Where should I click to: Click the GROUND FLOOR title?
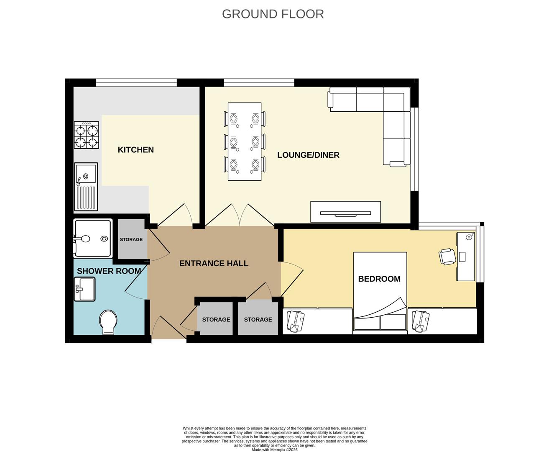(x=273, y=14)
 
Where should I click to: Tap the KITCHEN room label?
(x=135, y=150)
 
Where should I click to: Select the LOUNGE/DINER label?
(x=308, y=155)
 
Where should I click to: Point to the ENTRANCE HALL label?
(x=214, y=263)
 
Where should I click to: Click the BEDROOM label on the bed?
(x=379, y=279)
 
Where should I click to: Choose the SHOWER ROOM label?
(x=109, y=271)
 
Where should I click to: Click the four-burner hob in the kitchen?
(x=87, y=135)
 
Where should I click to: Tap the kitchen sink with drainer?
(x=86, y=187)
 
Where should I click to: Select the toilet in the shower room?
(x=108, y=322)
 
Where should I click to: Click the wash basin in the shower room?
(x=84, y=289)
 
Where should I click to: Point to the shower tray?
(x=92, y=239)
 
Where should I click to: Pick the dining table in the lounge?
(x=245, y=141)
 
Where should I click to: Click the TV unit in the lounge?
(x=345, y=212)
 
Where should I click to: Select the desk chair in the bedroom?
(x=447, y=256)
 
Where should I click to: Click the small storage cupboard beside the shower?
(x=131, y=239)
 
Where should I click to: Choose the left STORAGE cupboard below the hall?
(x=216, y=319)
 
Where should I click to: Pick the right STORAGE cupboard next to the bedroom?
(x=258, y=319)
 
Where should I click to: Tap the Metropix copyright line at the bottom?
(x=274, y=449)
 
